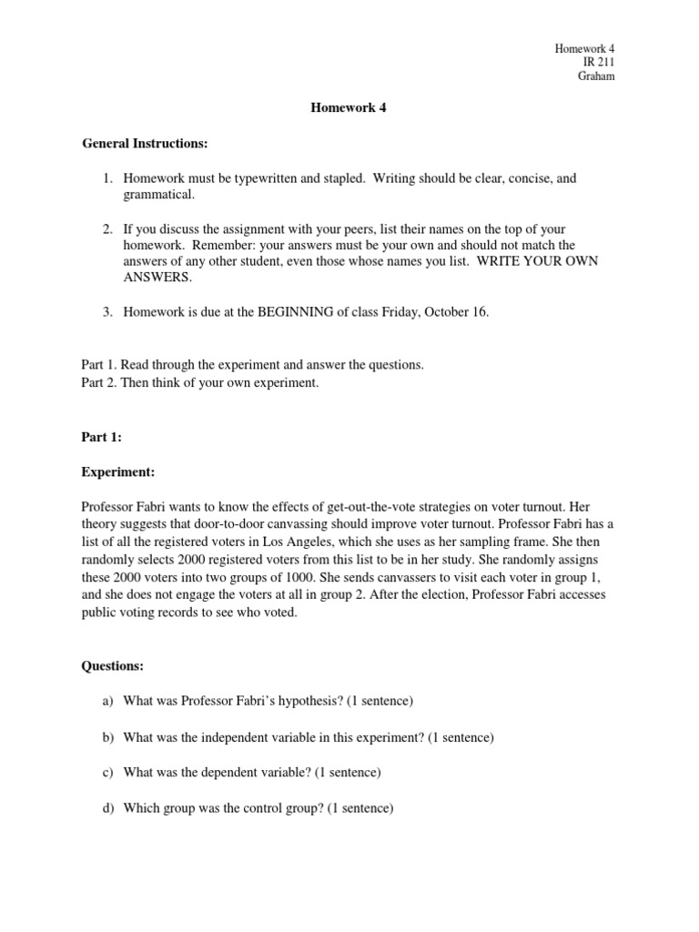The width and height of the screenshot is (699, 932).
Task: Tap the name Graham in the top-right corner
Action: point(597,76)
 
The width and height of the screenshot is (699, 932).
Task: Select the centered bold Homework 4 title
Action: point(342,107)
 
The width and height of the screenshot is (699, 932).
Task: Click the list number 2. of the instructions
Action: point(106,228)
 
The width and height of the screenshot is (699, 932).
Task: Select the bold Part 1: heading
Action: point(101,437)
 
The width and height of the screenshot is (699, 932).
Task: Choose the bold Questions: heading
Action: point(113,666)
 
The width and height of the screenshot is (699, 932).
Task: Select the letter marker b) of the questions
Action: point(106,737)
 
